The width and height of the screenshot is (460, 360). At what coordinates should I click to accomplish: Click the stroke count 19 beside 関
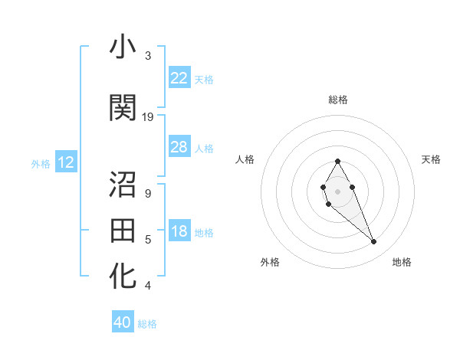(x=148, y=117)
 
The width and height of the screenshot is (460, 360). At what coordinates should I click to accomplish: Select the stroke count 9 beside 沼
(x=148, y=194)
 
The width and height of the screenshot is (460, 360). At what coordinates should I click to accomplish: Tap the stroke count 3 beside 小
(x=148, y=56)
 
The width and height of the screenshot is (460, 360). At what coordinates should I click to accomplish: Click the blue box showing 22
(x=179, y=78)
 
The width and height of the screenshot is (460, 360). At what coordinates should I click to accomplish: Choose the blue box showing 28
(x=179, y=147)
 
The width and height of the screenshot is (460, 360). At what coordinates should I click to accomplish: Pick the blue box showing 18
(x=179, y=231)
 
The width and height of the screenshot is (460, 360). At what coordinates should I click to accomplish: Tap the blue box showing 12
(x=65, y=162)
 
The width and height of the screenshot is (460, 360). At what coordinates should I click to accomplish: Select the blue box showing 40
(x=123, y=322)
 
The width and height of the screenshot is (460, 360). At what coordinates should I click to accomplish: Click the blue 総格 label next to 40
(x=147, y=324)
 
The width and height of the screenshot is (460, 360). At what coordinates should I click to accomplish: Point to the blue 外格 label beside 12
(x=41, y=163)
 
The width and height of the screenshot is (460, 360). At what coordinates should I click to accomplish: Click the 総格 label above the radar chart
(x=338, y=100)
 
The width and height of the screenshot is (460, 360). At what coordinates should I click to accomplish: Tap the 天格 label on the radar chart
(x=431, y=159)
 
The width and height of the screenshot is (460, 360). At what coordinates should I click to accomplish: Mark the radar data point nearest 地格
(x=374, y=242)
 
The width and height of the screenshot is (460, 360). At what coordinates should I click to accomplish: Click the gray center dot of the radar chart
(x=337, y=191)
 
